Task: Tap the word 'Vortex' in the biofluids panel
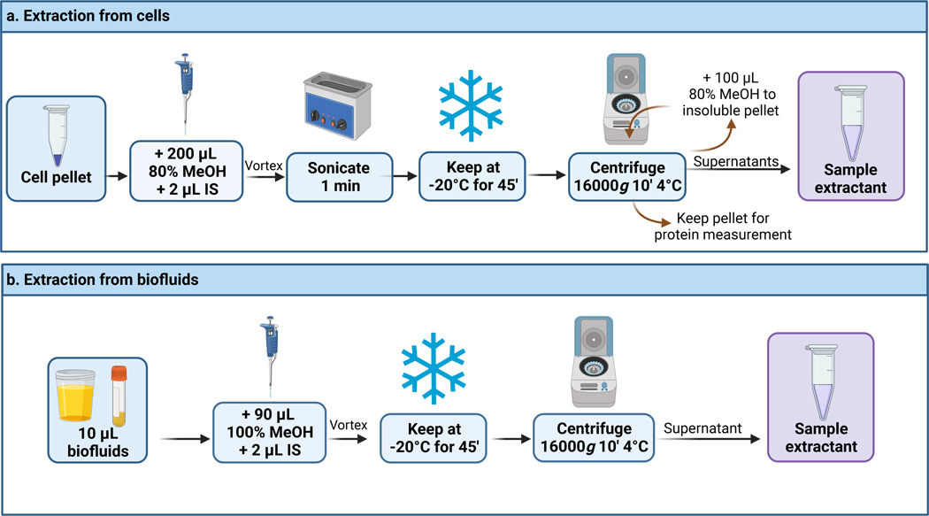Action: tap(348, 424)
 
